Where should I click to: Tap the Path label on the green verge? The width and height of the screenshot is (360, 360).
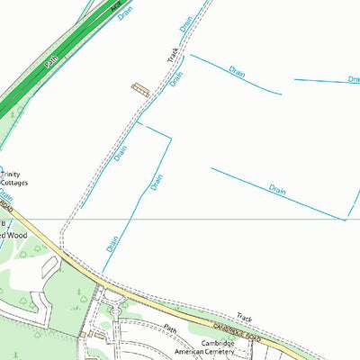(50, 61)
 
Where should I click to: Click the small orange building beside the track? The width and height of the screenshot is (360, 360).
(140, 87)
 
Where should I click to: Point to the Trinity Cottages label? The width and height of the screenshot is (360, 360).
(14, 178)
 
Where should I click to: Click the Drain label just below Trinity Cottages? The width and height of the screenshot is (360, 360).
(6, 195)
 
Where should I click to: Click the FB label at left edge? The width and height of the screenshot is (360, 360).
(4, 222)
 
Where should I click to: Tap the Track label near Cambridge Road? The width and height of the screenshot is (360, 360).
(245, 317)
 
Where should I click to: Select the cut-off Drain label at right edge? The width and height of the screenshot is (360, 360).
(354, 80)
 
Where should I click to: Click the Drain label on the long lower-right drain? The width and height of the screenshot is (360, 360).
(277, 189)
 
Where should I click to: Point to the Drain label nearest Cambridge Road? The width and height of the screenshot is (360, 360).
(112, 243)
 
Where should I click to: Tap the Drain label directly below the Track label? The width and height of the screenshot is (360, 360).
(177, 79)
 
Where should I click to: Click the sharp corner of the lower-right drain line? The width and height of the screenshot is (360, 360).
(346, 219)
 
